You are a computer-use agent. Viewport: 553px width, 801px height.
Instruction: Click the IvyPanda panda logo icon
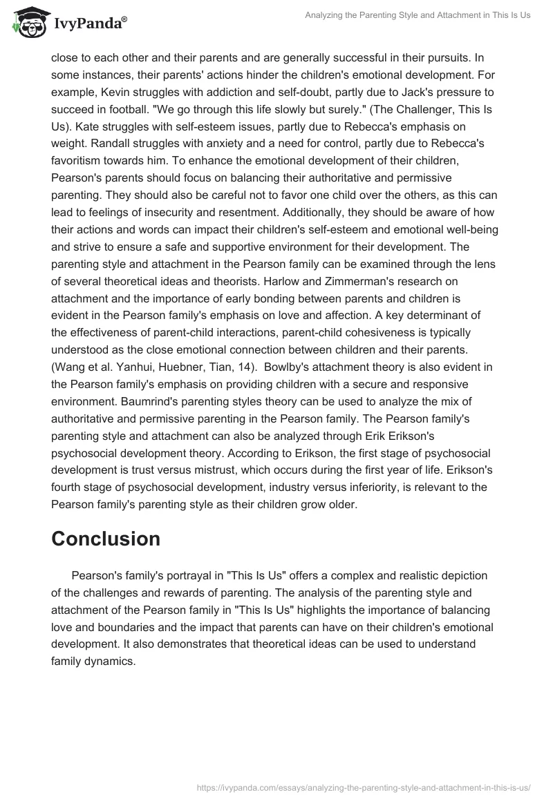coord(26,22)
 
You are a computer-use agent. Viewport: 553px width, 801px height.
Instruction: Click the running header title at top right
coord(418,15)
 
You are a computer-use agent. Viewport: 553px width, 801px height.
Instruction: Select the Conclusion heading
coord(106,539)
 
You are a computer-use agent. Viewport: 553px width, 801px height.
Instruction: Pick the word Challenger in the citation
coord(438,109)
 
